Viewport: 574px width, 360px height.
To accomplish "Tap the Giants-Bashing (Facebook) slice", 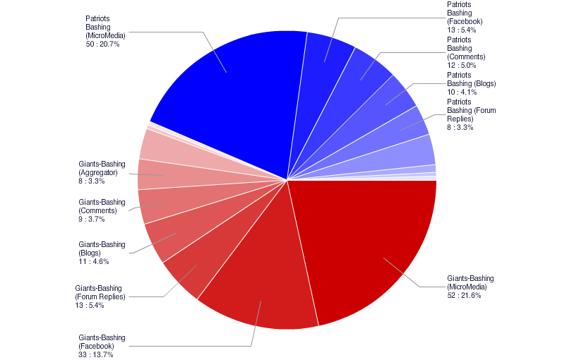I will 261,289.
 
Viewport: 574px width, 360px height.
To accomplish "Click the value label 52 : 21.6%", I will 464,295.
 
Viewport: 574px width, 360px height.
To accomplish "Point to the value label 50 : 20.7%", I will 102,44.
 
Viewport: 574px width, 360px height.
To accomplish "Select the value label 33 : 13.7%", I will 95,354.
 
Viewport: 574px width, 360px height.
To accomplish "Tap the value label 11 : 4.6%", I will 93,261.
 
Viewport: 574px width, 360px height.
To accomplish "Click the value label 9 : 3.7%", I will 92,219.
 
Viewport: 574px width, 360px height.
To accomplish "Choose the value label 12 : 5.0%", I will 462,65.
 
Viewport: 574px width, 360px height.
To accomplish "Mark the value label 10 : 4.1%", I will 462,92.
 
